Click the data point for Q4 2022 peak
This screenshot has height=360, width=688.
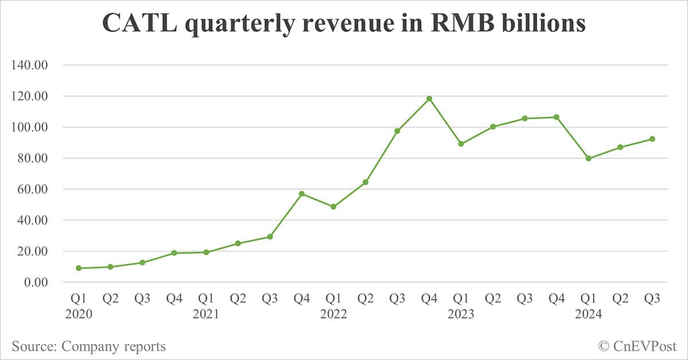429,99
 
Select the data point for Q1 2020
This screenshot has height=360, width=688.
79,268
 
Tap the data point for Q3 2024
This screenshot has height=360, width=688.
652,139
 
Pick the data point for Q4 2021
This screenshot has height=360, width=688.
302,194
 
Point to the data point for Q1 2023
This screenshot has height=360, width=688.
461,144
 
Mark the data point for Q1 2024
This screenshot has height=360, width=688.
588,158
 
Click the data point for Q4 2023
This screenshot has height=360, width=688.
556,117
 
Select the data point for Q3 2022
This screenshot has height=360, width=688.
397,131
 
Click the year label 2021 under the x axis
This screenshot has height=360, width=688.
206,315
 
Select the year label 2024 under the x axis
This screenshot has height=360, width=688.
588,315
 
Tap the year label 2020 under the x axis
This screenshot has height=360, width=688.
79,315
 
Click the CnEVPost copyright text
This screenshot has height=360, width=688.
637,346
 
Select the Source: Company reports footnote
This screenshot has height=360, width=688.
89,346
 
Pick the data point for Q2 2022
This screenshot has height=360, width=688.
365,182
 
